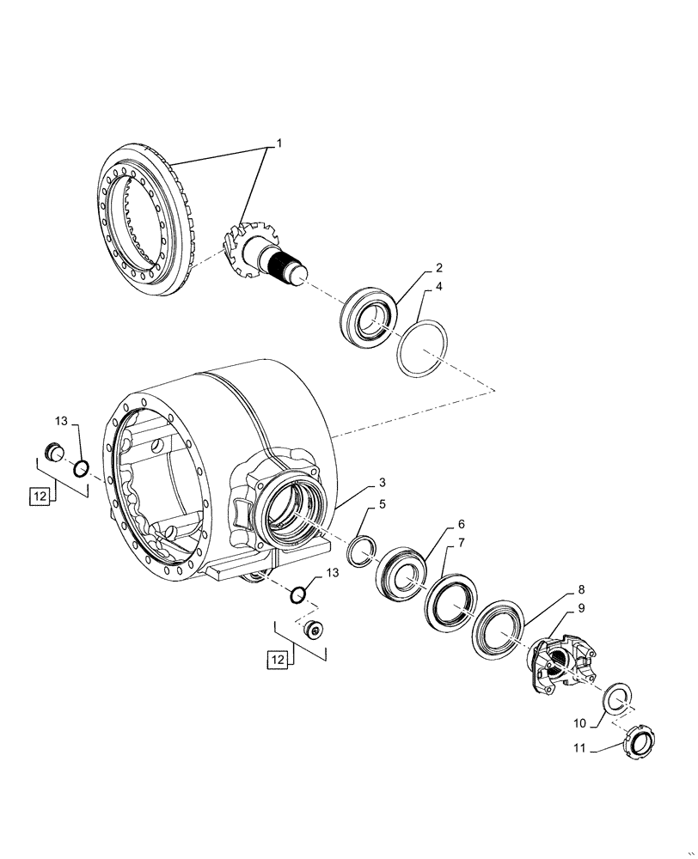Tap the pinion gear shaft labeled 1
[x=266, y=254]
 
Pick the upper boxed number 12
[x=38, y=496]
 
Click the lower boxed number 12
[x=277, y=659]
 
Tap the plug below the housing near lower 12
[x=315, y=631]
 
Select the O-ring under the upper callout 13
[x=81, y=468]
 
